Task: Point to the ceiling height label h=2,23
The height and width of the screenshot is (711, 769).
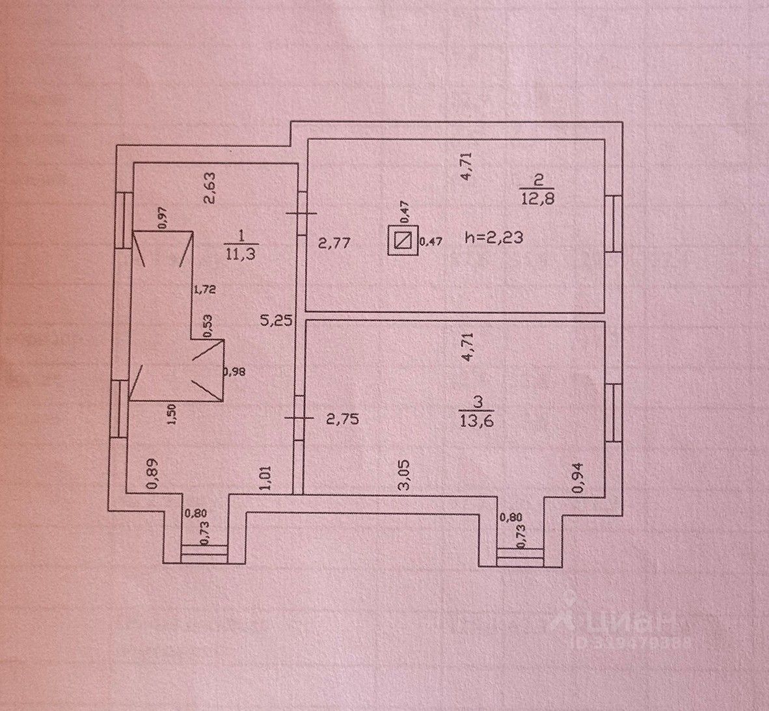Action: point(494,238)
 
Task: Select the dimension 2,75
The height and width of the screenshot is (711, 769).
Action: point(341,420)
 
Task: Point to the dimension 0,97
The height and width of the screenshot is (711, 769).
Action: point(162,217)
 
